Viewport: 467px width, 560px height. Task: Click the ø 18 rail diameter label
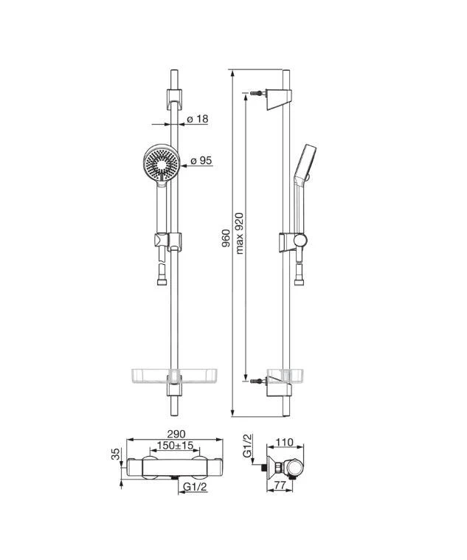click(x=198, y=119)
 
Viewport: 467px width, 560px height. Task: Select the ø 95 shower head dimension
click(x=201, y=161)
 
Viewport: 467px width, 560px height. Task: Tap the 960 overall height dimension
click(x=226, y=238)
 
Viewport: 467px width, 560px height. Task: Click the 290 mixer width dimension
click(x=176, y=434)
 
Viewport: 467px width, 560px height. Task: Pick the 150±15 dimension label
click(x=175, y=446)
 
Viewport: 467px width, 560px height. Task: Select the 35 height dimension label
click(x=116, y=454)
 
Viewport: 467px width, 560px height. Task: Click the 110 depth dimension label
click(x=285, y=443)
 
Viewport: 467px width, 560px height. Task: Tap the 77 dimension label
click(x=281, y=485)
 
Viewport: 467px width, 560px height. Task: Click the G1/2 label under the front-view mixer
click(x=195, y=487)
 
